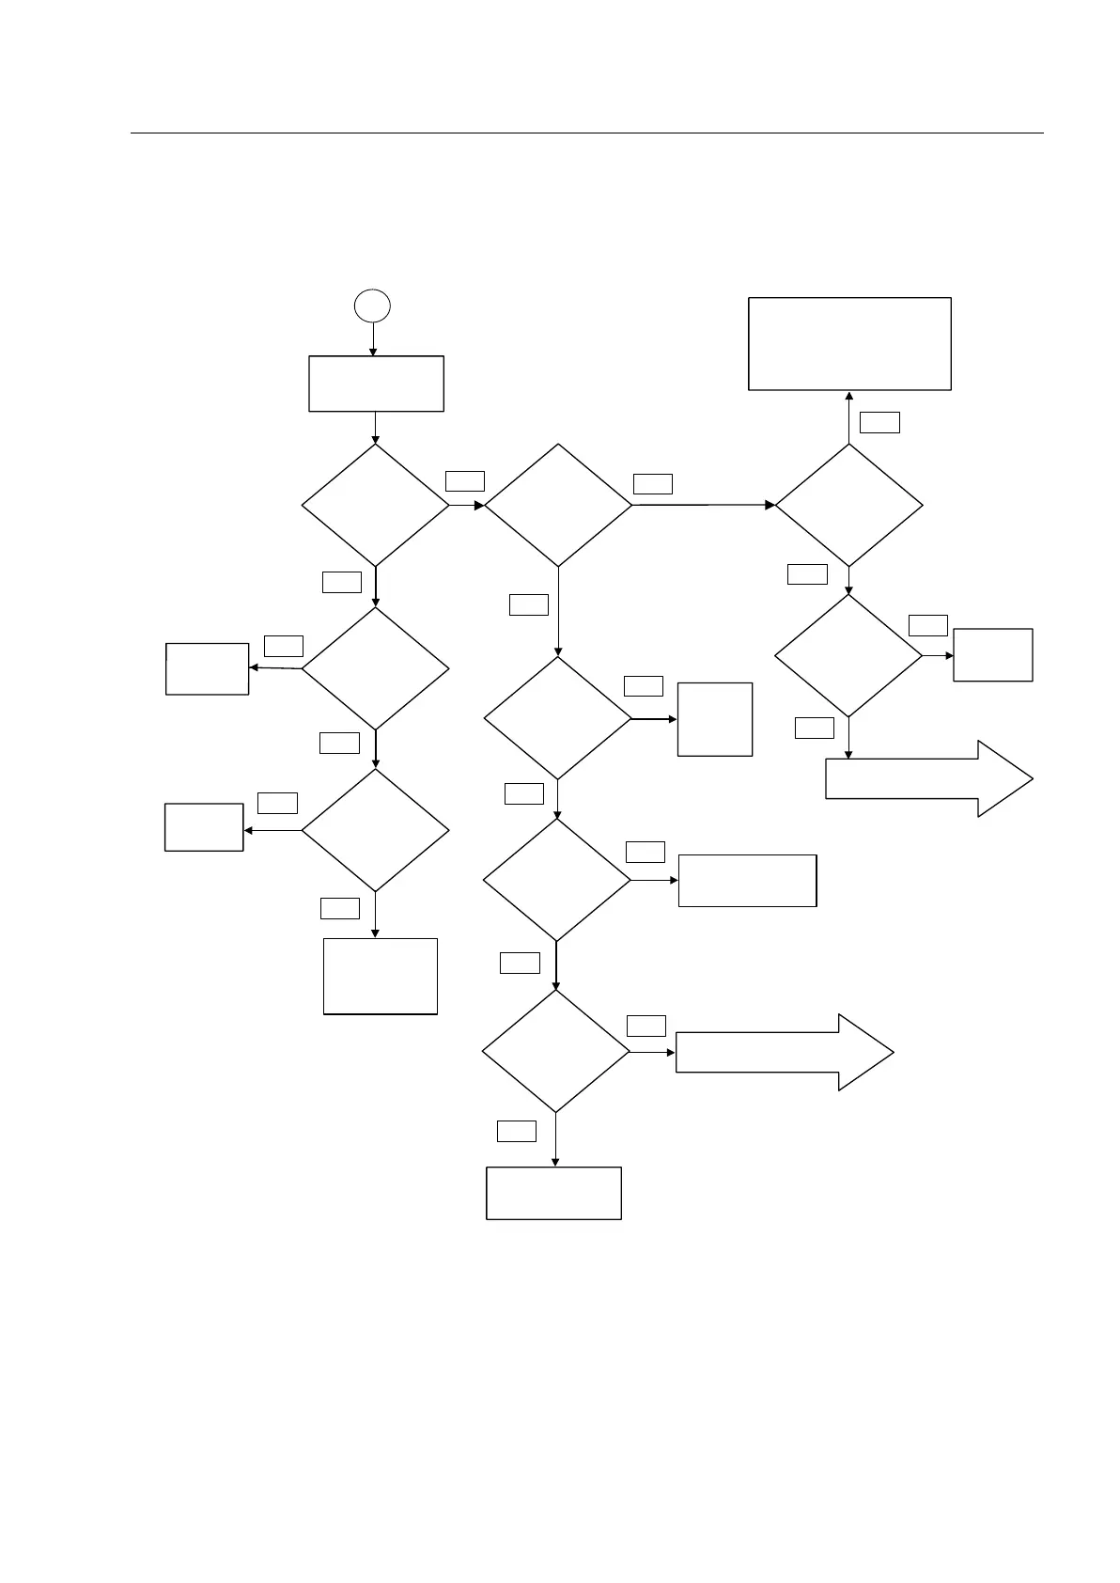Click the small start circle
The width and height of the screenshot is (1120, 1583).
tap(372, 306)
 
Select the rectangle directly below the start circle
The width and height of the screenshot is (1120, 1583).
tap(376, 384)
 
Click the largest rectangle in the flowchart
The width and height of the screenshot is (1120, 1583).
tap(849, 344)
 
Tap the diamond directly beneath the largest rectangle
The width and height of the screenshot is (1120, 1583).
tap(848, 505)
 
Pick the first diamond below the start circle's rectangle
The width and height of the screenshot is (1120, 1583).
tap(375, 505)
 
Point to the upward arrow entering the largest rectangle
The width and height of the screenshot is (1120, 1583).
tap(849, 416)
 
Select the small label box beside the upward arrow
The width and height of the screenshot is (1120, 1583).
tap(879, 422)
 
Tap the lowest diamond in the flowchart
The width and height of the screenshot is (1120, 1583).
tap(555, 1051)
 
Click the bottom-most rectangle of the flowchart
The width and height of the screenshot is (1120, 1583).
tap(553, 1193)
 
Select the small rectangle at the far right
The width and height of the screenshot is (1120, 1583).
tap(992, 654)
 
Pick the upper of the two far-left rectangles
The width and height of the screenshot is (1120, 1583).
tap(207, 668)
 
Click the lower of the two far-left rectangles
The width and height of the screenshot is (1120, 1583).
tap(204, 827)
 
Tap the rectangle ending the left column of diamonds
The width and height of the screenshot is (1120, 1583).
tap(381, 976)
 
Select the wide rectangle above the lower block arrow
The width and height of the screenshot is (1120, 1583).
tap(747, 880)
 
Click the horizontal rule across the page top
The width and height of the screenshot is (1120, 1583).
tap(586, 133)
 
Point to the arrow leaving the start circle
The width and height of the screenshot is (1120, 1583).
tap(373, 338)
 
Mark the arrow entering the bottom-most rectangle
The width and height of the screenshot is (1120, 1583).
tap(555, 1140)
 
